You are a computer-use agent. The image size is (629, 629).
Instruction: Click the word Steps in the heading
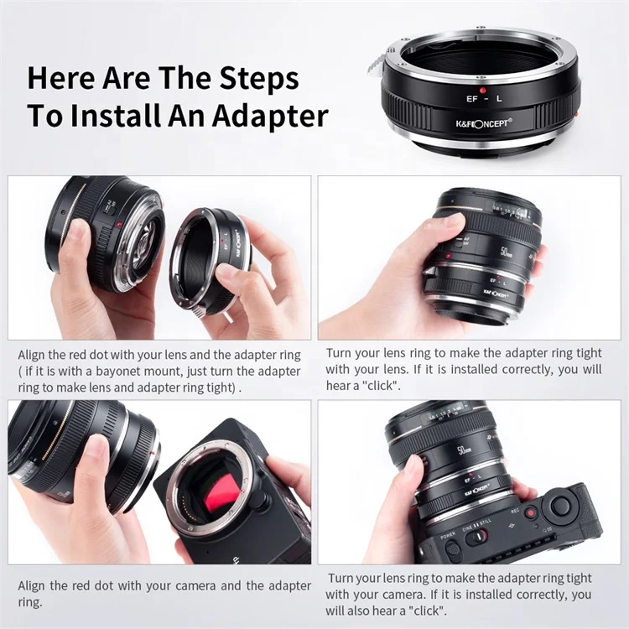252,78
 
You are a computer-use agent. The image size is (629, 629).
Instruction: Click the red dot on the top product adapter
483,88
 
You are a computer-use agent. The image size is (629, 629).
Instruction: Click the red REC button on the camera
530,512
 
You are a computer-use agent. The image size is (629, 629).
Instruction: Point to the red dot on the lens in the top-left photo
119,225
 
